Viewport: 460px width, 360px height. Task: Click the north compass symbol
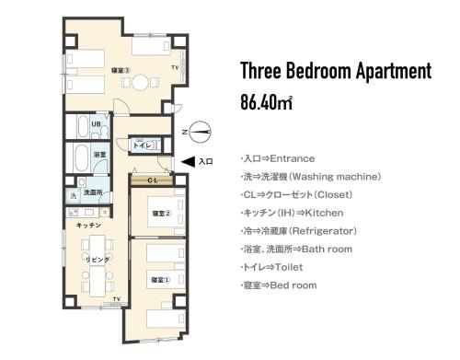click(x=201, y=132)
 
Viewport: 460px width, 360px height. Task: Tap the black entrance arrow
click(x=187, y=161)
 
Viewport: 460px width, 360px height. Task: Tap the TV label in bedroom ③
click(x=174, y=68)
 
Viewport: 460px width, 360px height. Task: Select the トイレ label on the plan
click(x=143, y=145)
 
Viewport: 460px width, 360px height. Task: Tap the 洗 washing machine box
click(x=73, y=196)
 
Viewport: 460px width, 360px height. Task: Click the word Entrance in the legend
click(x=293, y=157)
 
